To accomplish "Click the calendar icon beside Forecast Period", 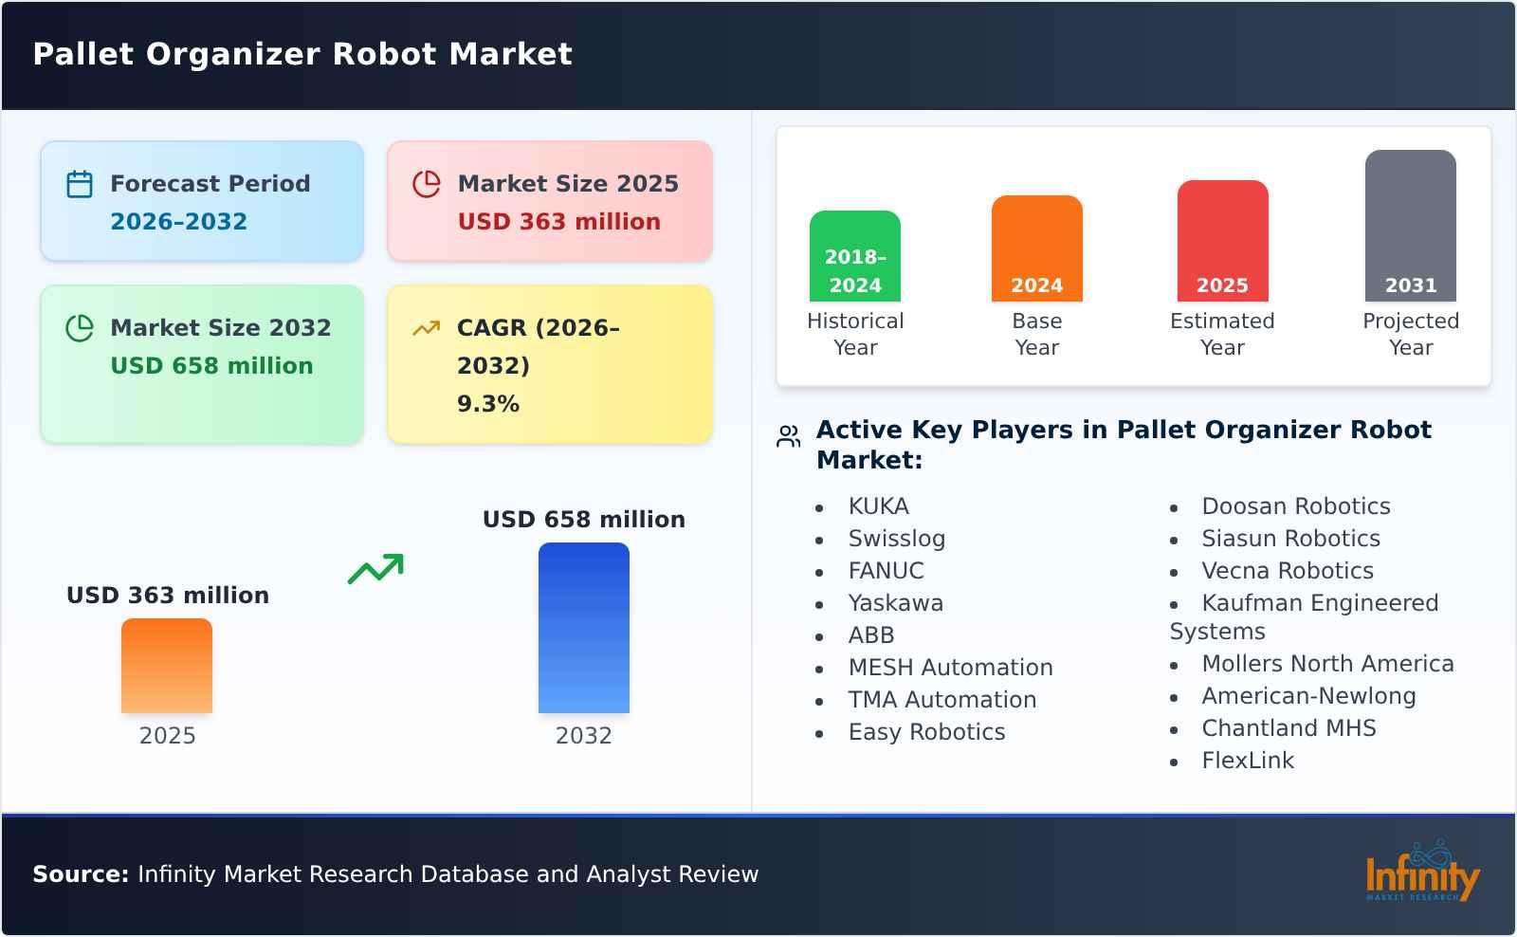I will click(x=80, y=184).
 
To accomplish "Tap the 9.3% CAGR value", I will click(x=487, y=404).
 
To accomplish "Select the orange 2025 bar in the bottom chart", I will click(x=167, y=666).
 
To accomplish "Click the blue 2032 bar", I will click(x=583, y=628).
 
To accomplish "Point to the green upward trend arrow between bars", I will click(x=375, y=569).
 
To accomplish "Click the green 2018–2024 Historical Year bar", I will click(x=854, y=256).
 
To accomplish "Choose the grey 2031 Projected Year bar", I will click(x=1410, y=226).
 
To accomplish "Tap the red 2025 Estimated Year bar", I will click(x=1222, y=241).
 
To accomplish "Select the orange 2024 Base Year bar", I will click(x=1036, y=248).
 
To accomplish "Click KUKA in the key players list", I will click(x=878, y=506).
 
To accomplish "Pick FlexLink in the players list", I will click(x=1247, y=761).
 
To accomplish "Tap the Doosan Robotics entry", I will click(x=1295, y=506).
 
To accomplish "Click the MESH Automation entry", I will click(x=950, y=668).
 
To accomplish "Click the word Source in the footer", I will click(x=81, y=874).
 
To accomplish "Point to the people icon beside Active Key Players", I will click(x=788, y=436).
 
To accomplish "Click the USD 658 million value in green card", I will click(x=211, y=366).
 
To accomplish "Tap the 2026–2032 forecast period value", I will click(x=178, y=222).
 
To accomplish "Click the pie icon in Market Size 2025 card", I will click(x=427, y=184).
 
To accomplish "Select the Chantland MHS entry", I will click(x=1288, y=728).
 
